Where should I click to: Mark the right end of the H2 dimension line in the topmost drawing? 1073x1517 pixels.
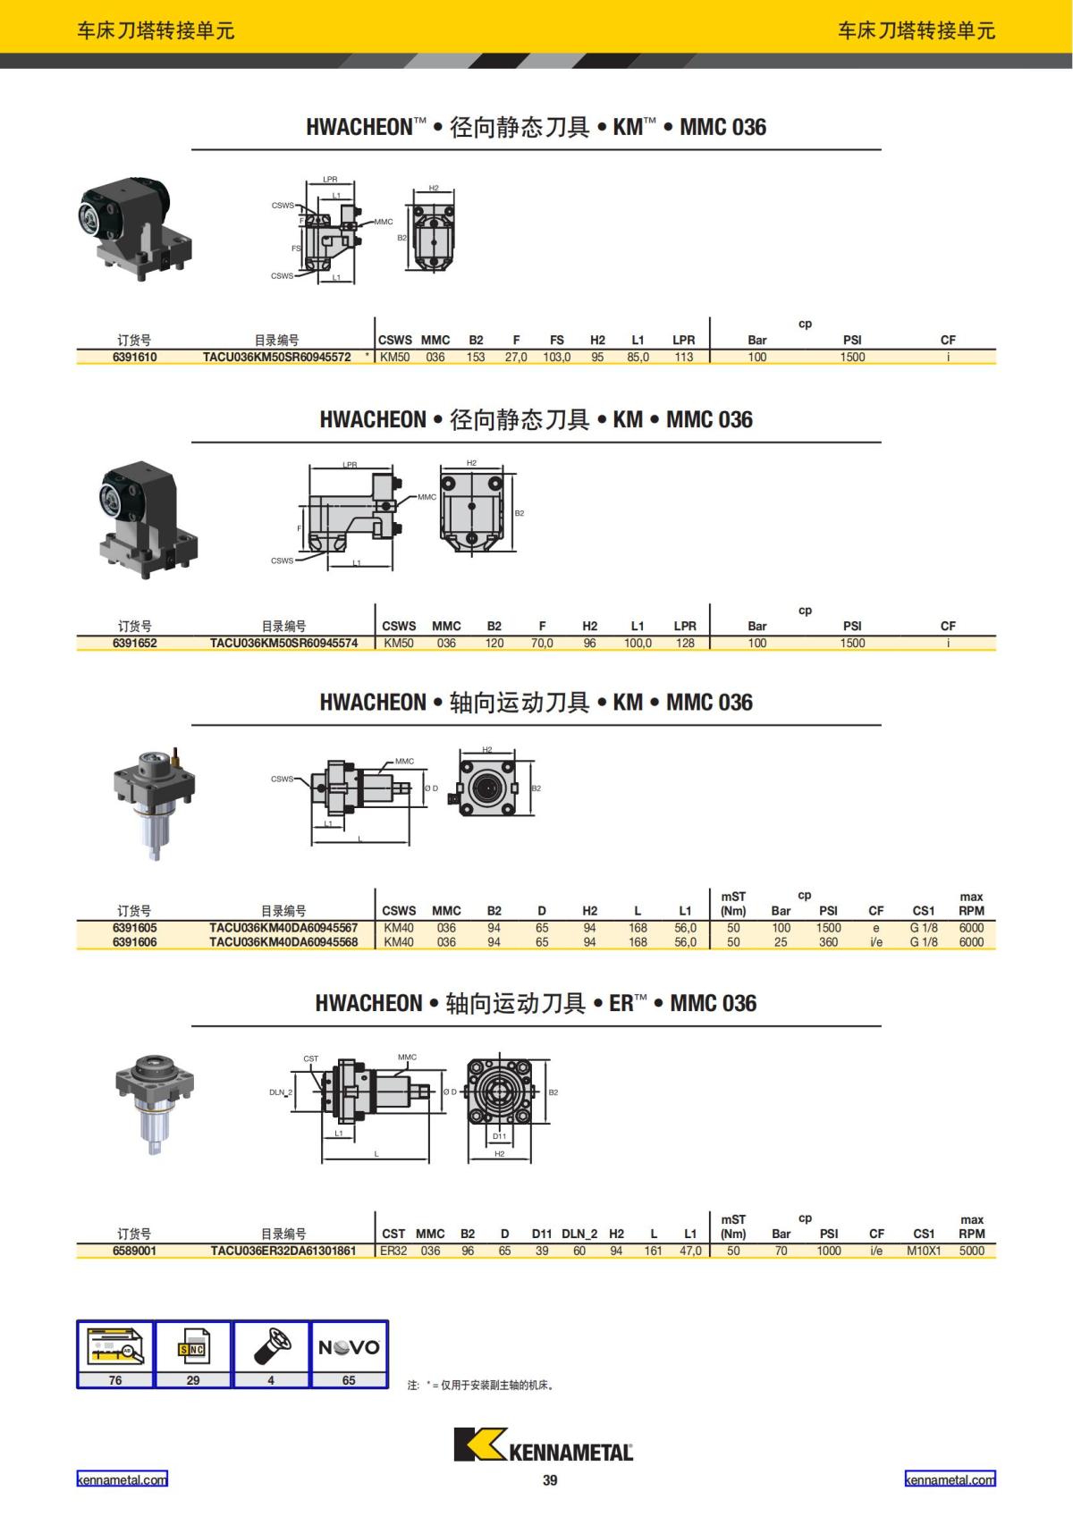(x=453, y=191)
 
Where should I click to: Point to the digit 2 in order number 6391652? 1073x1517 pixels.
(x=154, y=643)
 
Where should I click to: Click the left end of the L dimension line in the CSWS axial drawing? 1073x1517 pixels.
(x=311, y=843)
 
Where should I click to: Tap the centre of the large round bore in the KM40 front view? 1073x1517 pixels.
(x=486, y=788)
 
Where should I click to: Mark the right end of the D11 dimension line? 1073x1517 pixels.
(x=512, y=1144)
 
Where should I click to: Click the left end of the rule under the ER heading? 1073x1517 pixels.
(x=191, y=1026)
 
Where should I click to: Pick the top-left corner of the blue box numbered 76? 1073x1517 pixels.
(x=77, y=1321)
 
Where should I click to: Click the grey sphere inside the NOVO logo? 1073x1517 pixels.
(x=348, y=1348)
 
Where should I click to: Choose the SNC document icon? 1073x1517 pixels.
(x=193, y=1348)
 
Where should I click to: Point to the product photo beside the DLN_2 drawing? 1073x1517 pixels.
(x=155, y=1104)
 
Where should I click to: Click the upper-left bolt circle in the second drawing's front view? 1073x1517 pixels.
(x=448, y=483)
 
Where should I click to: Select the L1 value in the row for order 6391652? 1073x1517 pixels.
(x=638, y=643)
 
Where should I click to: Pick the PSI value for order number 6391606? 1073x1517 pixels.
(x=829, y=942)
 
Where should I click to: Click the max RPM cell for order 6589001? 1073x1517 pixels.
(x=971, y=1251)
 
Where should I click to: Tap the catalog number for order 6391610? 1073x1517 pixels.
(x=276, y=357)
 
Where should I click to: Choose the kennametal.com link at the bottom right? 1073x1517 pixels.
(x=950, y=1479)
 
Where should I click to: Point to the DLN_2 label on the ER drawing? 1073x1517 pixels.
(x=281, y=1092)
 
